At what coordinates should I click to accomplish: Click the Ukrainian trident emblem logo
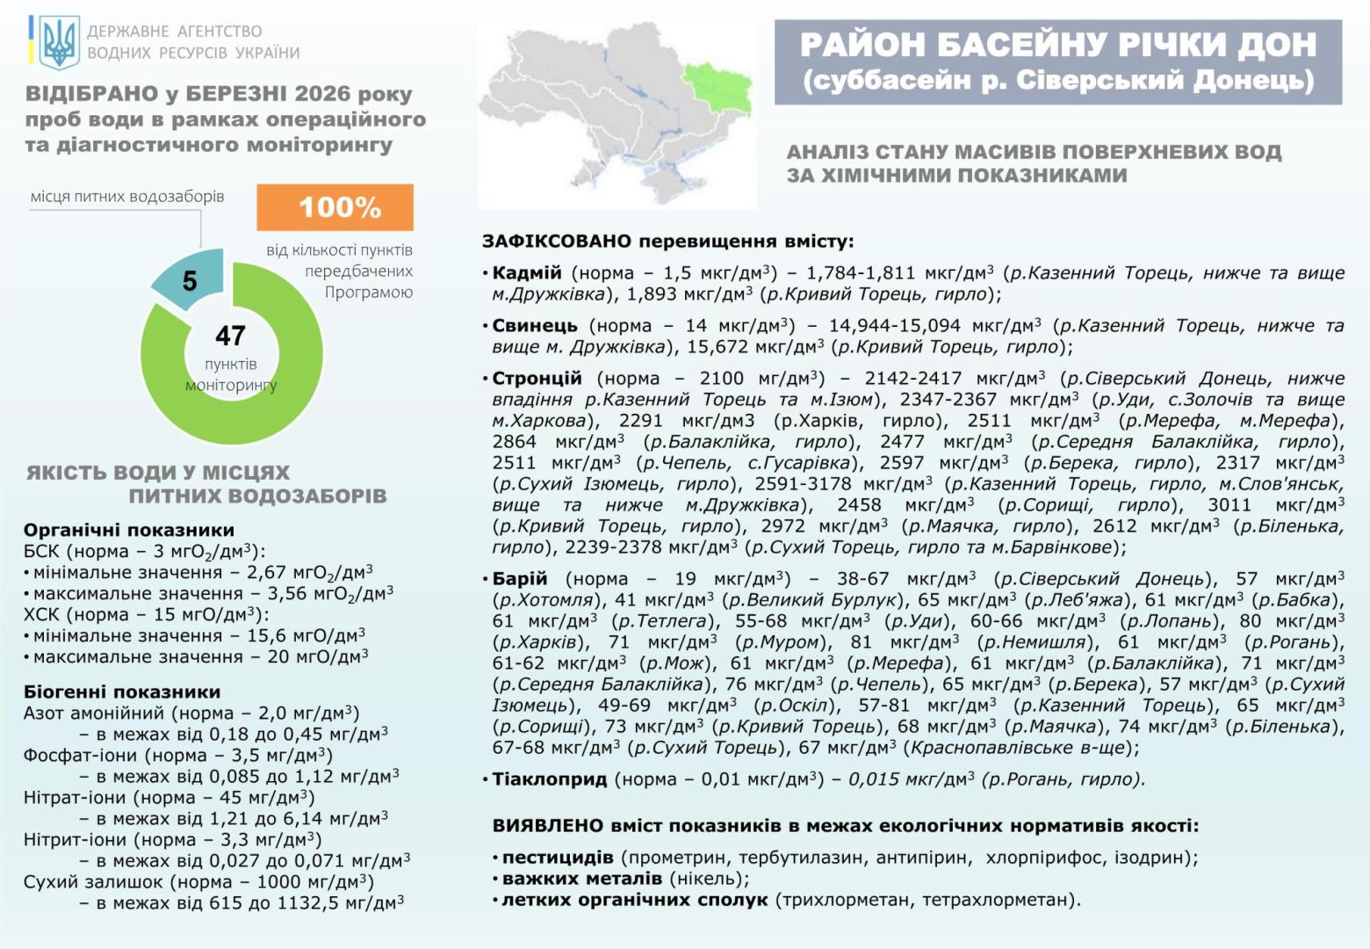[x=59, y=42]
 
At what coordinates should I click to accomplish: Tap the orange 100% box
[x=335, y=207]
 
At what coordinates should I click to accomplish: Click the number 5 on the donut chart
[x=190, y=281]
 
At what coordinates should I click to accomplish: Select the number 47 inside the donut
[x=230, y=336]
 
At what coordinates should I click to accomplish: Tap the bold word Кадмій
[x=526, y=273]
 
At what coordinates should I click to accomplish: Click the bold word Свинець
[x=534, y=326]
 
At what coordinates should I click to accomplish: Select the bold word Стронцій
[x=537, y=379]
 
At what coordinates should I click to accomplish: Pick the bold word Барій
[x=519, y=579]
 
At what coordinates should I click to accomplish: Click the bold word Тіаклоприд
[x=549, y=779]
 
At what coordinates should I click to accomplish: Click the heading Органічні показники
[x=129, y=530]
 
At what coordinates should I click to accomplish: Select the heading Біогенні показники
[x=122, y=692]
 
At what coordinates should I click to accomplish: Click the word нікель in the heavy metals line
[x=709, y=879]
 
